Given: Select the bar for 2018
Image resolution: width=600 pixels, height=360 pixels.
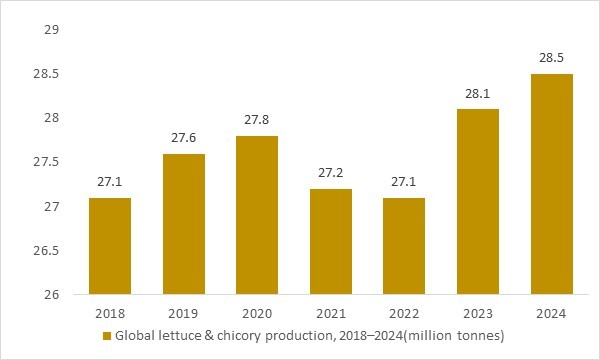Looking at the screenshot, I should [x=109, y=246].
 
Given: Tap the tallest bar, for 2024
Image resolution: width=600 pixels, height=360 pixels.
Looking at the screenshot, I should [x=551, y=184].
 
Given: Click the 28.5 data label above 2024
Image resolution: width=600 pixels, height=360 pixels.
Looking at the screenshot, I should [x=551, y=58].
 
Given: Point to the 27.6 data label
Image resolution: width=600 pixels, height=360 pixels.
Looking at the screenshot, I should [x=183, y=138].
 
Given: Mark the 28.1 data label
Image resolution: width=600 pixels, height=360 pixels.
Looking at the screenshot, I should [x=477, y=93].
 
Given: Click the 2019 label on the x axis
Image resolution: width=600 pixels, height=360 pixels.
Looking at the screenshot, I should [x=183, y=314].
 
